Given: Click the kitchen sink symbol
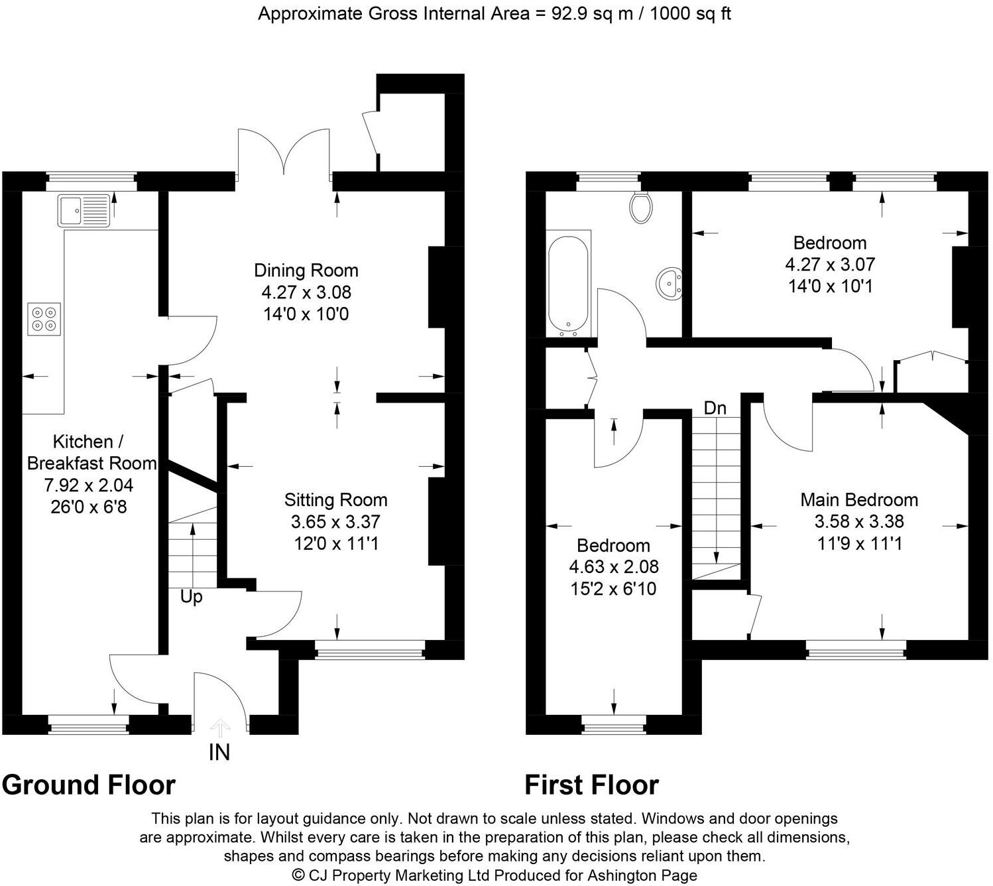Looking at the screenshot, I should tap(84, 210).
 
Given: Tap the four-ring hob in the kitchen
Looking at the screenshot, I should tap(44, 318).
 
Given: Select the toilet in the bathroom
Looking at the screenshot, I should tap(641, 208).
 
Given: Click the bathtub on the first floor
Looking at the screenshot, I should tap(568, 284).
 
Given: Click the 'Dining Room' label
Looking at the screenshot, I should tap(306, 271).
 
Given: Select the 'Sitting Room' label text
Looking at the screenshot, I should tap(335, 500).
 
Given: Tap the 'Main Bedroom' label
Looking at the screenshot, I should tap(859, 500).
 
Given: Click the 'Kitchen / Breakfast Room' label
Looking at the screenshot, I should tap(91, 452).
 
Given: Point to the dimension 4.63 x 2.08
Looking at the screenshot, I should tap(614, 567).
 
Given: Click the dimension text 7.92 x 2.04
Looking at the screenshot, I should tap(89, 485).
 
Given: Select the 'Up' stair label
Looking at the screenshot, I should tap(191, 598).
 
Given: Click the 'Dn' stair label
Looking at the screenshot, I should tap(715, 409).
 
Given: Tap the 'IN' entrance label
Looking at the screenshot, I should tap(219, 752).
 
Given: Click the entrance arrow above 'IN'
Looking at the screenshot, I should tap(220, 728).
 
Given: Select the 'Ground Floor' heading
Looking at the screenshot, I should tap(89, 785).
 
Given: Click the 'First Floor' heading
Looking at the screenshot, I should tap(591, 785).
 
